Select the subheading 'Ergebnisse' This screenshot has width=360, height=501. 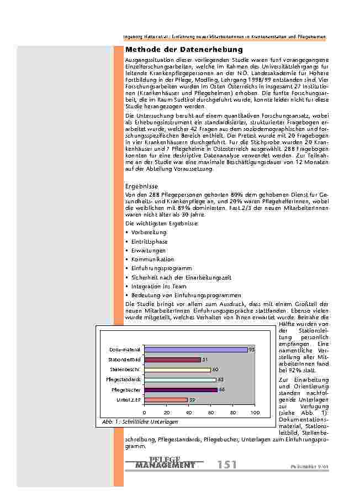pos(142,187)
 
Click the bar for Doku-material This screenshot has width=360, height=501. pos(195,350)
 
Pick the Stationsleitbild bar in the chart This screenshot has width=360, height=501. pos(172,360)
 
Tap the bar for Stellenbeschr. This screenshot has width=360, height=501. pos(177,370)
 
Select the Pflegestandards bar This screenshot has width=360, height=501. pos(180,379)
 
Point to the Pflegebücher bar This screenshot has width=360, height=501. pos(181,389)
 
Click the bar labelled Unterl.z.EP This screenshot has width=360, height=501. pos(166,399)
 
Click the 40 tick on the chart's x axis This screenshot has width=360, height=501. pos(188,413)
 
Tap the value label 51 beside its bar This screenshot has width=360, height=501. pos(205,360)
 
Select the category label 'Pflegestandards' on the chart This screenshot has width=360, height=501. pos(123,380)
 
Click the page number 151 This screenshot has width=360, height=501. pos(227,465)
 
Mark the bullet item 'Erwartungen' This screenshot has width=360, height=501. pos(148,250)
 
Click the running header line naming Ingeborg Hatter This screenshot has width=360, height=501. pos(224,36)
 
